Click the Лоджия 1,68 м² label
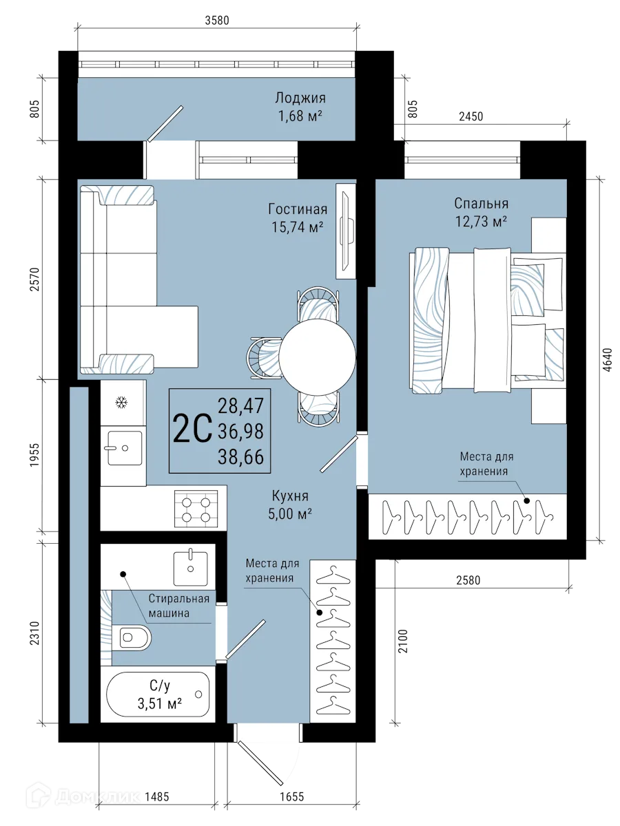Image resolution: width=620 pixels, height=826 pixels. [x=300, y=107]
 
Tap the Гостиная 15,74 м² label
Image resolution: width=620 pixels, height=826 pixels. [x=298, y=217]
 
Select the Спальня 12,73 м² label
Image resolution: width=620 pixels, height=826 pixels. [x=481, y=211]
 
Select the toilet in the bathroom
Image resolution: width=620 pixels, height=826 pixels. [x=134, y=637]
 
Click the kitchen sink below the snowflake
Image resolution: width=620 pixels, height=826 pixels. [x=122, y=448]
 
